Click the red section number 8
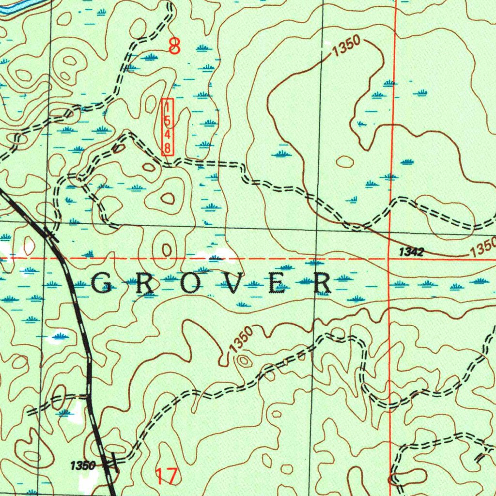[x=174, y=46]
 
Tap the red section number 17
[x=167, y=476]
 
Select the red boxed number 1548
[x=167, y=127]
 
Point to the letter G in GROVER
[x=102, y=283]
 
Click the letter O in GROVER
[x=190, y=283]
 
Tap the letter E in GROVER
[x=278, y=283]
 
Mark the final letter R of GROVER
[x=322, y=283]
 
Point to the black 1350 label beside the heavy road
[x=82, y=466]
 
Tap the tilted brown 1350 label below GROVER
[x=241, y=341]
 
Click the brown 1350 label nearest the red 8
[x=346, y=47]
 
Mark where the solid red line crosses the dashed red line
[x=390, y=258]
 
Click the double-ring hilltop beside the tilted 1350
[x=243, y=361]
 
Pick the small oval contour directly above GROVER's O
[x=166, y=250]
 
